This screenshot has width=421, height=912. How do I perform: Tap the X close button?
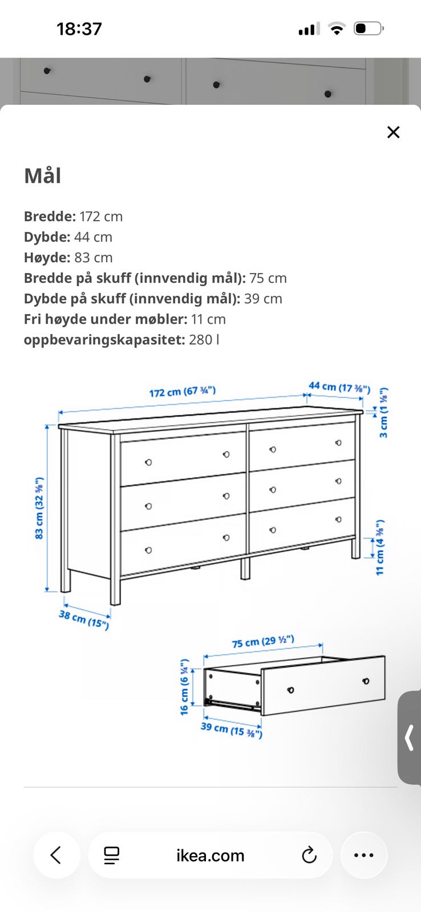coord(393,132)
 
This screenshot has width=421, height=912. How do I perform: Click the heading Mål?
coord(43,176)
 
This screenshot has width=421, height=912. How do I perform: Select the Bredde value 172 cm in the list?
coord(101,217)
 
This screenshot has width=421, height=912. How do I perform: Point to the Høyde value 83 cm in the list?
coord(94,258)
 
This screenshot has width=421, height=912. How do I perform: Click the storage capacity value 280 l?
coord(204,340)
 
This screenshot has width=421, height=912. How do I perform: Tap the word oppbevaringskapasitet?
coord(104,340)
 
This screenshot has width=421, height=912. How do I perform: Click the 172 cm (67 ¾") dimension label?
coord(182,392)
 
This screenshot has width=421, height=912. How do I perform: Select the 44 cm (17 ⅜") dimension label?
coord(339,387)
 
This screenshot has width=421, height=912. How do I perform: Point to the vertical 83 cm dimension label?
coord(39,508)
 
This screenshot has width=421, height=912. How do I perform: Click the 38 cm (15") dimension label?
coord(84,620)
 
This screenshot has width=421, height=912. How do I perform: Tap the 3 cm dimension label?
coord(383,413)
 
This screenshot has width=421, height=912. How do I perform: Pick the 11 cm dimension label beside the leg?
coord(379,547)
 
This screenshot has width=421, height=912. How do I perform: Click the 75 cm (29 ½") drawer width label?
coord(264,641)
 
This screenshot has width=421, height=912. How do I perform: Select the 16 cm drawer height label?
coord(184,687)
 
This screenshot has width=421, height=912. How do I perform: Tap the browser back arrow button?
coord(56,855)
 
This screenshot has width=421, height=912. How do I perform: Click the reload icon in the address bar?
coord(309,855)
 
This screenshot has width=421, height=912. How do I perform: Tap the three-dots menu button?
coord(364,855)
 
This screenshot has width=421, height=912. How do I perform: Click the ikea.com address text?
coord(211,856)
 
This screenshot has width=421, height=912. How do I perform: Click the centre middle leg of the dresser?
coord(245,568)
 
